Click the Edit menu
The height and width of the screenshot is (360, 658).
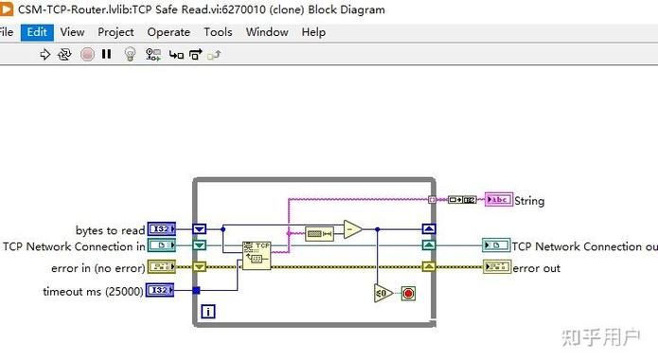37,31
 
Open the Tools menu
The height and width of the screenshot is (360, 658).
218,31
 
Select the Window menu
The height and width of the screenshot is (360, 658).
267,31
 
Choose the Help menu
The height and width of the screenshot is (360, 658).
313,31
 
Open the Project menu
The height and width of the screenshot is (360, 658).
116,31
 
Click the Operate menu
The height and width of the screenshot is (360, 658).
169,31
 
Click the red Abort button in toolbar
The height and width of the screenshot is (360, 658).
87,55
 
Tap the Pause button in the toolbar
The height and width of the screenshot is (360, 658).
107,55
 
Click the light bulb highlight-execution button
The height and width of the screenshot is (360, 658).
132,55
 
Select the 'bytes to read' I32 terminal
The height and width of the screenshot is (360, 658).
161,229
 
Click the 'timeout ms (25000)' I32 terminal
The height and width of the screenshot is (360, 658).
161,291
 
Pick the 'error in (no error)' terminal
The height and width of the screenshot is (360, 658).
161,268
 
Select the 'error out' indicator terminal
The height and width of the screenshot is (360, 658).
496,268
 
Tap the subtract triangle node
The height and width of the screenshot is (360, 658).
352,229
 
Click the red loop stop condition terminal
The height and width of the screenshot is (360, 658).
408,293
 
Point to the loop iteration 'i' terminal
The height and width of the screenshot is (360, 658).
208,311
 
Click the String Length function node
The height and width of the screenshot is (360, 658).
319,232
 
